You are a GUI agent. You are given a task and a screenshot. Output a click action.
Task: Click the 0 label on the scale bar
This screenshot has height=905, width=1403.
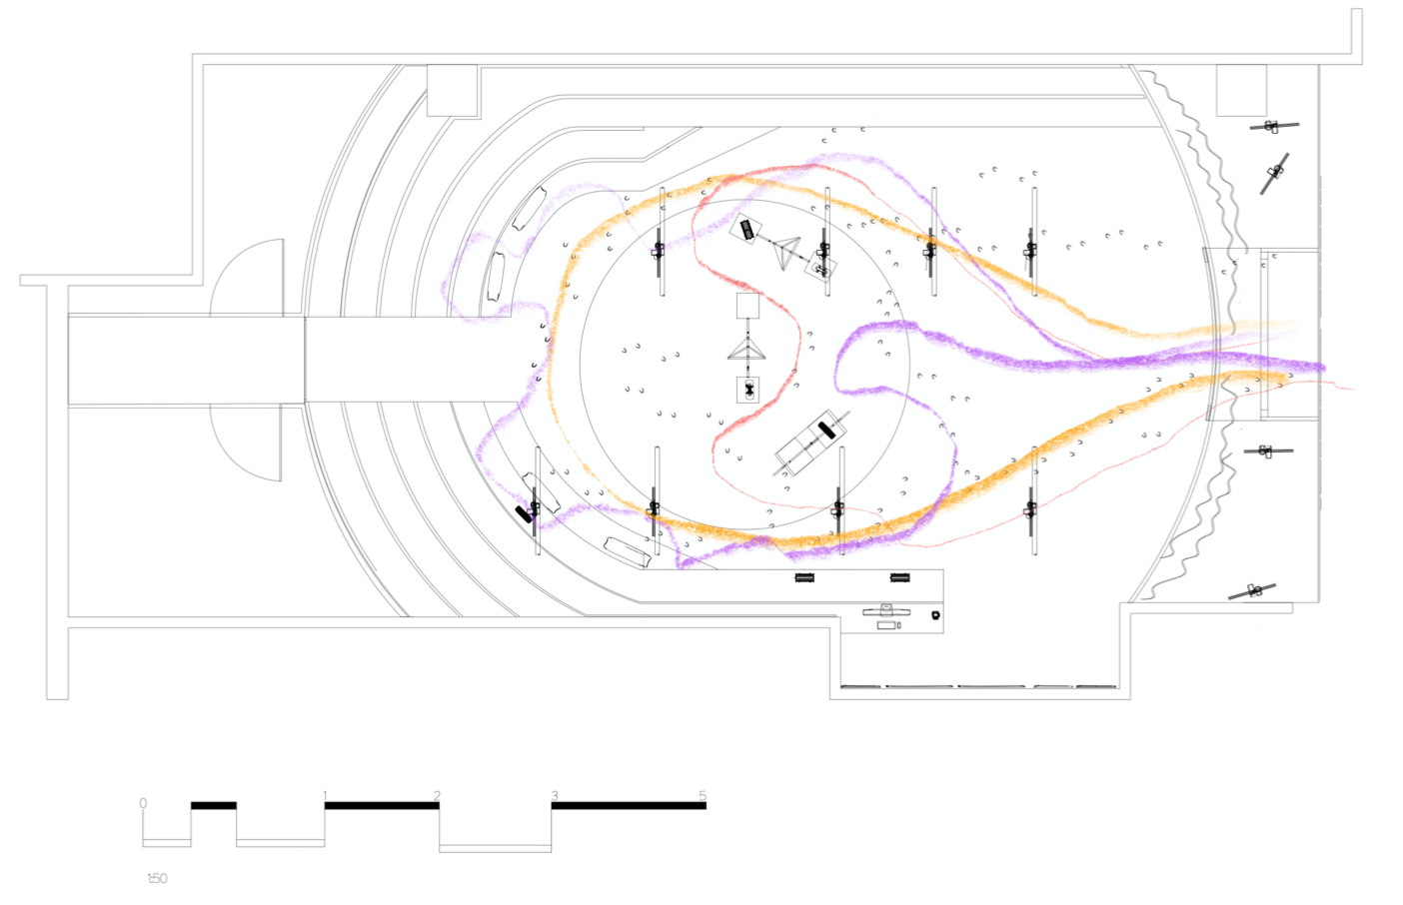click(143, 803)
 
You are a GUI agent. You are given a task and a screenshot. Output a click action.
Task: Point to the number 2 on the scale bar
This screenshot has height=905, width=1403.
click(437, 796)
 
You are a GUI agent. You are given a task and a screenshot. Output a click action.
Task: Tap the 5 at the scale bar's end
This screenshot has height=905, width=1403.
click(701, 796)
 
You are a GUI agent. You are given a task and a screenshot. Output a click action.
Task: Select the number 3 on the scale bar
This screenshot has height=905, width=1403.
click(554, 796)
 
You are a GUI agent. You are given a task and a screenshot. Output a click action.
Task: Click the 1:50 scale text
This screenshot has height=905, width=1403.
click(157, 878)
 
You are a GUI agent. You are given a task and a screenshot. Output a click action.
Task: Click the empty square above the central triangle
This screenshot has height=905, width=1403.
click(747, 306)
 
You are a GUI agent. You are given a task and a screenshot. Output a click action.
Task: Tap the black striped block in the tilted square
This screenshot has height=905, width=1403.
click(746, 230)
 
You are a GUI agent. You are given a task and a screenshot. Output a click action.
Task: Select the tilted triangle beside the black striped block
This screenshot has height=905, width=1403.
click(786, 251)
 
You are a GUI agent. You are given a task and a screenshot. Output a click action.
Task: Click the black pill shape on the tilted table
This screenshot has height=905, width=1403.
click(825, 430)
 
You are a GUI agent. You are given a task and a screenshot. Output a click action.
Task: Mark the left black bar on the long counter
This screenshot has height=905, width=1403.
click(804, 577)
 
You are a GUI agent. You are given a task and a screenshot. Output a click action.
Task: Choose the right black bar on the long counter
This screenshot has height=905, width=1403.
click(899, 577)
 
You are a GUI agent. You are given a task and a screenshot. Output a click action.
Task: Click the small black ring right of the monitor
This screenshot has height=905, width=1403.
click(935, 615)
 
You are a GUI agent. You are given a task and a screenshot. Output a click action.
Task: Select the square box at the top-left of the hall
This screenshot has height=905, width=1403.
click(452, 90)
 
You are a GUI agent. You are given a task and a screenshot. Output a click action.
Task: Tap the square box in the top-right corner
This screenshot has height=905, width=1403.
click(1241, 90)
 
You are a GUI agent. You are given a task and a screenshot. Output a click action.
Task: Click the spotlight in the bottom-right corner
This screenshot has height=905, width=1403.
click(1253, 590)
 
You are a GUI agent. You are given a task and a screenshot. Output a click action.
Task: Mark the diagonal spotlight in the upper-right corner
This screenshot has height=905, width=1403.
click(1274, 173)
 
